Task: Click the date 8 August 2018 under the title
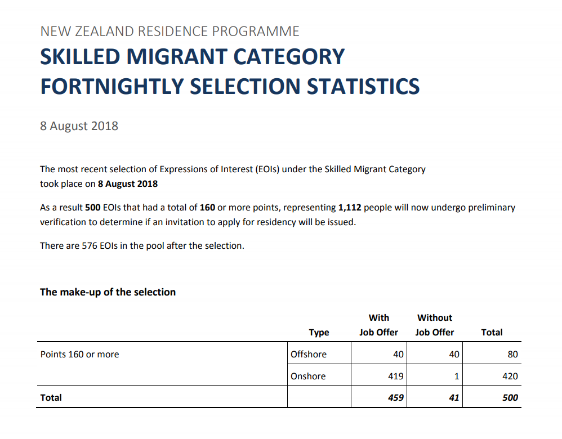[79, 126]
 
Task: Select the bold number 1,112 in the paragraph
[350, 207]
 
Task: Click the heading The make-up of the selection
[108, 292]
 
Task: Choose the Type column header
[319, 332]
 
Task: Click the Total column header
[492, 332]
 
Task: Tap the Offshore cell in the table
[308, 354]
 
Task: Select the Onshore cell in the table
[308, 376]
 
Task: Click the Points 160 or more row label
[80, 354]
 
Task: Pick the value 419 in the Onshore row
[396, 376]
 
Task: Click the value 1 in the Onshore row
[457, 376]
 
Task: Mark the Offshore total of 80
[512, 354]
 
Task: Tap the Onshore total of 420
[510, 376]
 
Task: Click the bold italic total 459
[396, 397]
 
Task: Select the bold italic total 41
[454, 397]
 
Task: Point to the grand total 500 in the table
[510, 397]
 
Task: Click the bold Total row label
[51, 397]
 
